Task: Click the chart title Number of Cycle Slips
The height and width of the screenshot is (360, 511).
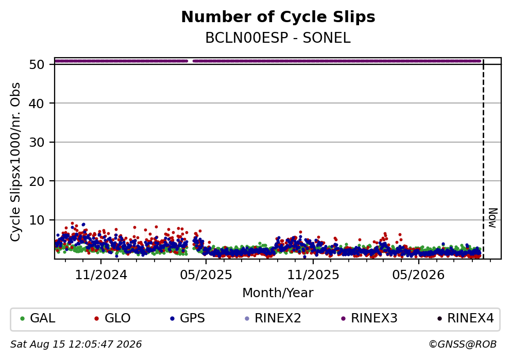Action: click(278, 17)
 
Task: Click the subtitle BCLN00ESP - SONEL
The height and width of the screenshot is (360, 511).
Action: click(278, 38)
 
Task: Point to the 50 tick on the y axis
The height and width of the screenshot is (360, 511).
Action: click(37, 64)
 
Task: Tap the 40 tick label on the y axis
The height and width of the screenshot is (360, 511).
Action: click(37, 104)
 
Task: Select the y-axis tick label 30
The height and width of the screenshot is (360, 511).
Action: click(37, 142)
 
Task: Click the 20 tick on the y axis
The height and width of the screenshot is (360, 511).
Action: click(37, 181)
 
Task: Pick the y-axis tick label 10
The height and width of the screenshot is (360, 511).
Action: click(37, 220)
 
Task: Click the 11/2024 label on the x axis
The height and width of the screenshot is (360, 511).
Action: click(101, 275)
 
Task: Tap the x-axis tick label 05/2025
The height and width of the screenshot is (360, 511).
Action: click(206, 275)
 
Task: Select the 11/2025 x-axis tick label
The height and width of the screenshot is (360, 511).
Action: click(313, 275)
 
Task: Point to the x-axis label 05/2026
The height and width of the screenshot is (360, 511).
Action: click(418, 275)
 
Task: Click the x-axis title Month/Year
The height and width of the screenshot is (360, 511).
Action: click(278, 293)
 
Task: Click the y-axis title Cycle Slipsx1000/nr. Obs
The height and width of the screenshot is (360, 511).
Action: click(15, 162)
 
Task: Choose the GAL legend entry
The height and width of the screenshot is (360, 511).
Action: click(38, 318)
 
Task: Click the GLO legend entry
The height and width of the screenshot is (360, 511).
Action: click(112, 318)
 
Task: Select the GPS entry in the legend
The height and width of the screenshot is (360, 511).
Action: click(188, 318)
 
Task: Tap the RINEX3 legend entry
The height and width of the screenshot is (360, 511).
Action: click(369, 318)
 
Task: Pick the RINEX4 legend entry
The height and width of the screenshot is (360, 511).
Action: click(465, 318)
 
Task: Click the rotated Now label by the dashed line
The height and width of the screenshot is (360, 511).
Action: click(493, 218)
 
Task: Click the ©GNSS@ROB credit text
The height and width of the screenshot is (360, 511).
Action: click(463, 345)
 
